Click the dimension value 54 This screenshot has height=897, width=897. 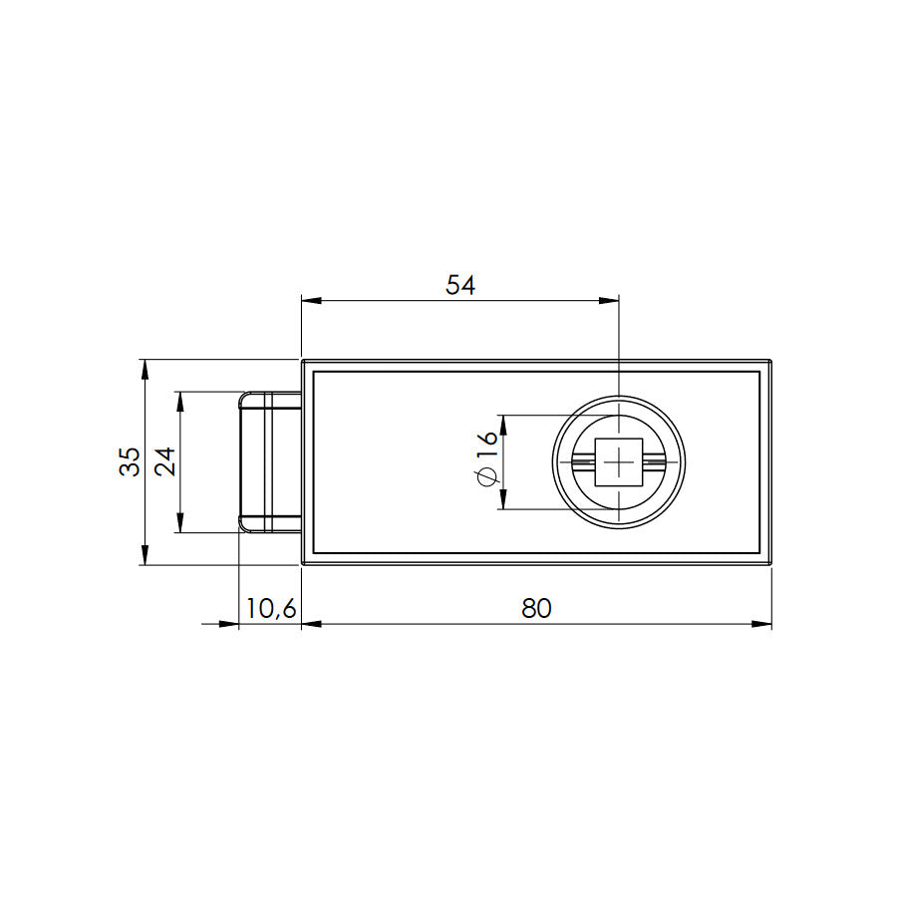pyautogui.click(x=460, y=285)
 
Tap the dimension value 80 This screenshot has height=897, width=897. pyautogui.click(x=536, y=608)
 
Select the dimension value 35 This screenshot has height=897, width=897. pyautogui.click(x=130, y=461)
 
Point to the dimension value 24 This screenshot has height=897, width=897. pyautogui.click(x=165, y=461)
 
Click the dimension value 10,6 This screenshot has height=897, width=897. pyautogui.click(x=271, y=609)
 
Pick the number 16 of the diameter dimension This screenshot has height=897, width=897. pyautogui.click(x=487, y=444)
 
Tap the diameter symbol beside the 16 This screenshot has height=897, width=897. pyautogui.click(x=486, y=477)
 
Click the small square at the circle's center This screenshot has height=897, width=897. pyautogui.click(x=619, y=462)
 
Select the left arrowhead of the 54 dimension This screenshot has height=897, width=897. pyautogui.click(x=312, y=300)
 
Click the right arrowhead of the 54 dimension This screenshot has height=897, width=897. pyautogui.click(x=609, y=300)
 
